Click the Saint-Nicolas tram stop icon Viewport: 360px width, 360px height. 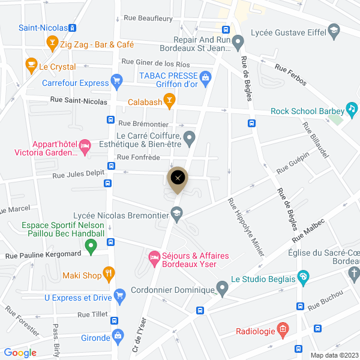[72, 28]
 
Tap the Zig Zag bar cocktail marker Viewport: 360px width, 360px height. [51, 44]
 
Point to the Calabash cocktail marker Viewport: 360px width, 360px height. [169, 101]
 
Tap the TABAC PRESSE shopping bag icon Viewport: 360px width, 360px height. [205, 77]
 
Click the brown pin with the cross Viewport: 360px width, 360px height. [178, 178]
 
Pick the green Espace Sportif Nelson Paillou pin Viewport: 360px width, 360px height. [91, 245]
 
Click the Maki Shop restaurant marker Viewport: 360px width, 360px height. [109, 275]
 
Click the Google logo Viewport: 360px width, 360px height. [20, 353]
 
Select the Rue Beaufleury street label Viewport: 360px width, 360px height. [143, 19]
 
